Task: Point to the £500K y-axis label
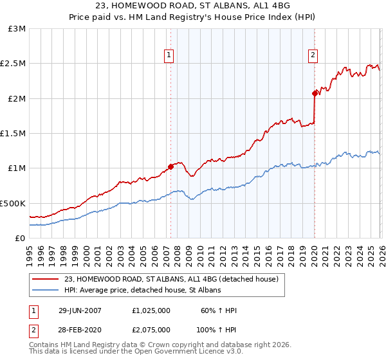point(13,203)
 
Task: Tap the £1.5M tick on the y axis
point(14,134)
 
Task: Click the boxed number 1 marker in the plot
point(169,56)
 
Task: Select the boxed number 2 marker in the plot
point(313,56)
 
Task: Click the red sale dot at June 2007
point(170,166)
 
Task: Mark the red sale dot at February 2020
point(315,93)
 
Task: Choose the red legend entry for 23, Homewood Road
point(171,279)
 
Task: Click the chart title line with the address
point(193,6)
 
